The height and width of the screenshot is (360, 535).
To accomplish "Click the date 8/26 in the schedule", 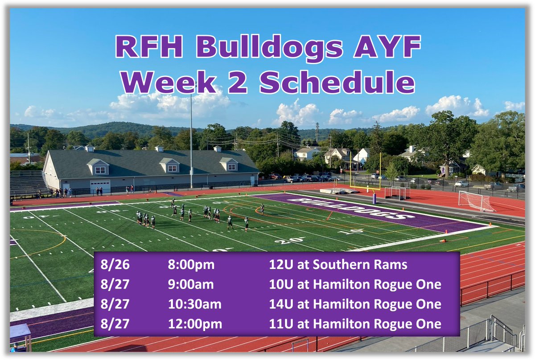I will (115, 265).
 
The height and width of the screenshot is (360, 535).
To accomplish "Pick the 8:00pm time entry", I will (191, 265).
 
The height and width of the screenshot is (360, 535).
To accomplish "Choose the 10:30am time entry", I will (194, 304).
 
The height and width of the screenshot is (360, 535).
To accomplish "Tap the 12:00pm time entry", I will (195, 324).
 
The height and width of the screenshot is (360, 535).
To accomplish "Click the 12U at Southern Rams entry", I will (338, 265).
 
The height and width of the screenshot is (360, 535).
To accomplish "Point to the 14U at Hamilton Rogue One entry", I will (355, 304).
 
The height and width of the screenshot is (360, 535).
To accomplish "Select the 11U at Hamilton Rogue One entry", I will (355, 324).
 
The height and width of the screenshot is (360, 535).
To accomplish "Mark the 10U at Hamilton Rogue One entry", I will (355, 284).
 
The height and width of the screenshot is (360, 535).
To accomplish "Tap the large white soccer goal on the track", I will (475, 202).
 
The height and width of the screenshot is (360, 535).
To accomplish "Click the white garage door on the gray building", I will (100, 186).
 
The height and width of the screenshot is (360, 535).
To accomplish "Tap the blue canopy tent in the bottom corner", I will (20, 332).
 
